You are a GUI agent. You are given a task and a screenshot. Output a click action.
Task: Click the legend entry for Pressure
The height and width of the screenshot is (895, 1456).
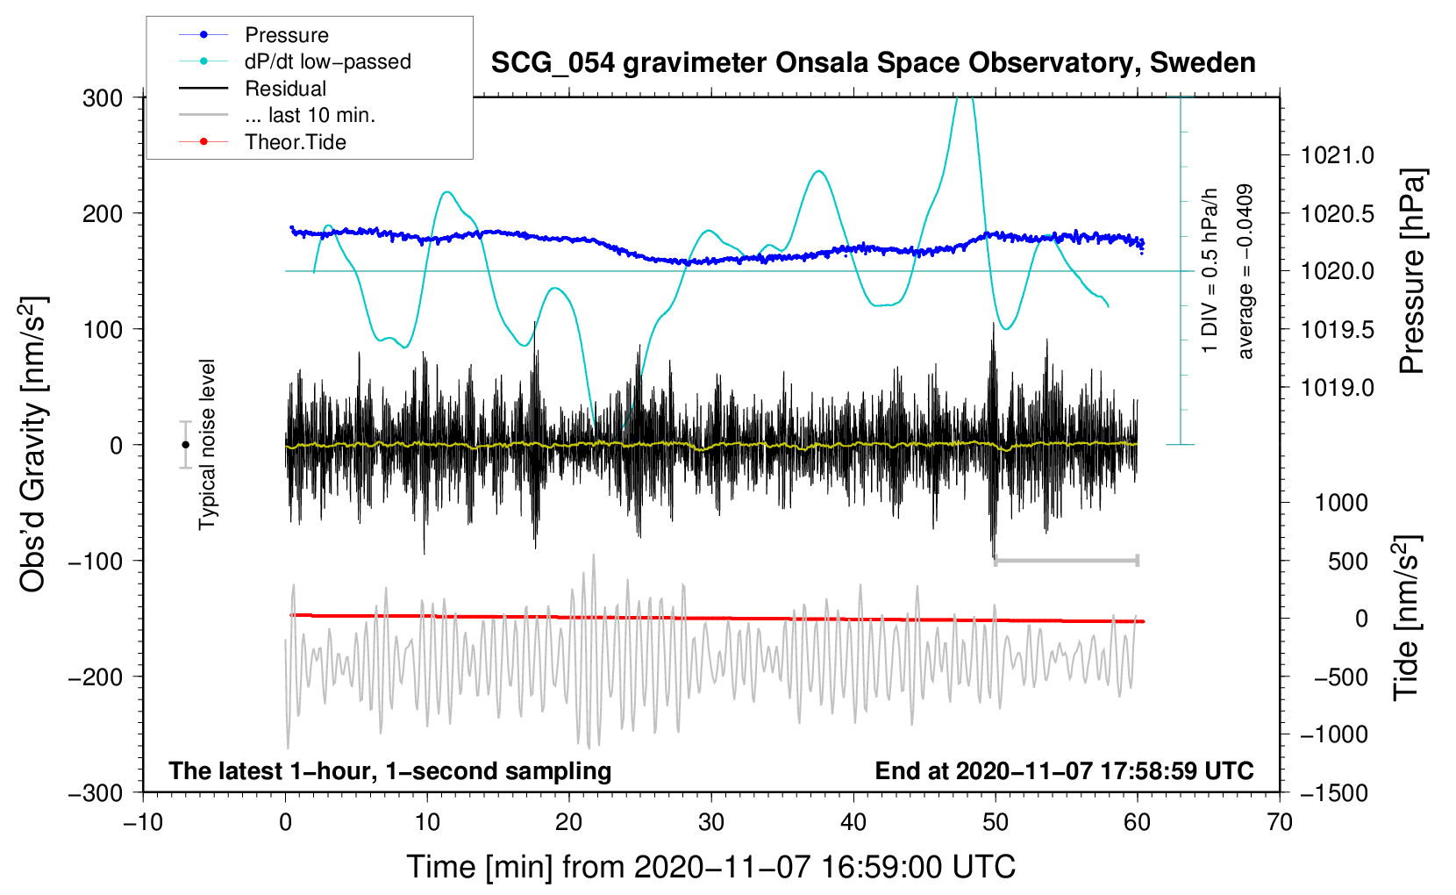pyautogui.click(x=253, y=34)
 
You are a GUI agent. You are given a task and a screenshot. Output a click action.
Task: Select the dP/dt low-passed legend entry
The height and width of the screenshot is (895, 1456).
pyautogui.click(x=295, y=61)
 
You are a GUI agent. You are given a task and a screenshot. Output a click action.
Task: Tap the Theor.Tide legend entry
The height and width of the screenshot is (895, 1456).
pyautogui.click(x=262, y=142)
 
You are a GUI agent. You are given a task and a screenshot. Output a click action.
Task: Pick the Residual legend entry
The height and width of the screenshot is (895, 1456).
pyautogui.click(x=253, y=88)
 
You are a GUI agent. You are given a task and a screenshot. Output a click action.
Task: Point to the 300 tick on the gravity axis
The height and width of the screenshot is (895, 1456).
pyautogui.click(x=103, y=98)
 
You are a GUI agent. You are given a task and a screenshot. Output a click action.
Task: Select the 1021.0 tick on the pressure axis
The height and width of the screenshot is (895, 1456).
pyautogui.click(x=1337, y=155)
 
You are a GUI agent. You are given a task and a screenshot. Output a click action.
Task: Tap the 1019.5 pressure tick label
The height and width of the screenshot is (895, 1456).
pyautogui.click(x=1337, y=330)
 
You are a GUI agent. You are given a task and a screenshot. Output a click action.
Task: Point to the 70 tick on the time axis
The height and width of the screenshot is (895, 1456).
pyautogui.click(x=1279, y=822)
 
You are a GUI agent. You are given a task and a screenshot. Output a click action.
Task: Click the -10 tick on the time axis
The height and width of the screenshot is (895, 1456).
pyautogui.click(x=143, y=822)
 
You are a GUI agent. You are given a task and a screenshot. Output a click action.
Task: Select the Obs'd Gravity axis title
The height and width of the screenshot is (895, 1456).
pyautogui.click(x=32, y=444)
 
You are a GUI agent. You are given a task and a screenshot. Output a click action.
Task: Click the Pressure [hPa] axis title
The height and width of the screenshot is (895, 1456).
pyautogui.click(x=1412, y=272)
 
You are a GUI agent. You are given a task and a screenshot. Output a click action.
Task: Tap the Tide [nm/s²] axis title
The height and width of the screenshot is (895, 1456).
pyautogui.click(x=1407, y=618)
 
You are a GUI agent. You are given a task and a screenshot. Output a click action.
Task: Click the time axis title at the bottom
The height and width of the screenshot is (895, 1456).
pyautogui.click(x=711, y=867)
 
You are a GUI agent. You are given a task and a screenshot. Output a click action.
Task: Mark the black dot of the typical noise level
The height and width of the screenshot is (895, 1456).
pyautogui.click(x=185, y=445)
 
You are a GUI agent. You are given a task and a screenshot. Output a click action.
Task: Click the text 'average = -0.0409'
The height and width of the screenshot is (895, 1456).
pyautogui.click(x=1245, y=271)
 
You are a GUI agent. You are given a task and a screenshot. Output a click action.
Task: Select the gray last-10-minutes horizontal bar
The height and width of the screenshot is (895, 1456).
pyautogui.click(x=1066, y=560)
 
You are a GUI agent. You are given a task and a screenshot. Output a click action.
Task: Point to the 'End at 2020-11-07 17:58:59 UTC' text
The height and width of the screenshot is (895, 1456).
pyautogui.click(x=1064, y=770)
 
